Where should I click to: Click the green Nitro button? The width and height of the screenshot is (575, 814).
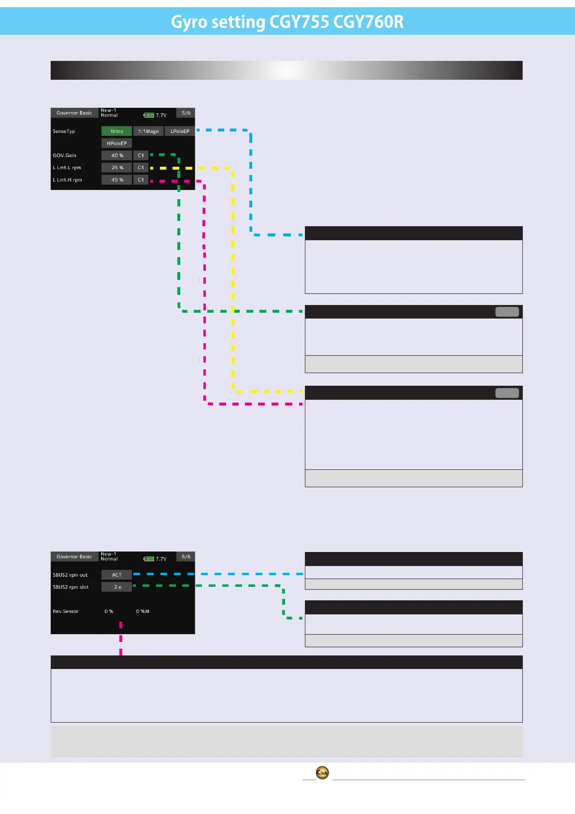[116, 131]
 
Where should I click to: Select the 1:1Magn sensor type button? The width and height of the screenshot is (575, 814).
[148, 131]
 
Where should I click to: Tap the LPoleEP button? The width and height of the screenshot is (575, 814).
[180, 131]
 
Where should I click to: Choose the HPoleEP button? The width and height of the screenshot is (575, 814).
[116, 143]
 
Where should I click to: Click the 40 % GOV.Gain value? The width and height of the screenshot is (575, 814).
[117, 155]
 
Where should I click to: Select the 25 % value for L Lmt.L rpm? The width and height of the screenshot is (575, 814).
[117, 167]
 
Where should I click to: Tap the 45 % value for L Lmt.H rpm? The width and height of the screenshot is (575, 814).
[117, 179]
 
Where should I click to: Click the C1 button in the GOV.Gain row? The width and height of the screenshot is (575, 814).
[141, 155]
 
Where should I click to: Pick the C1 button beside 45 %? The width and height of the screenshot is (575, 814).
[141, 179]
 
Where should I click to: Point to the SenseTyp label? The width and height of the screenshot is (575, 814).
[64, 131]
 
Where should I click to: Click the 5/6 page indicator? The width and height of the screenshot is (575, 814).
[186, 113]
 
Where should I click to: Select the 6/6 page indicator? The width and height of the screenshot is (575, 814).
[186, 556]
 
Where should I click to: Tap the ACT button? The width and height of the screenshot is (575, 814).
[116, 575]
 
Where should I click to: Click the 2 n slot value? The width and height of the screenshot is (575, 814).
[117, 587]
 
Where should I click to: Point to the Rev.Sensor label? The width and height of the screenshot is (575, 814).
[66, 611]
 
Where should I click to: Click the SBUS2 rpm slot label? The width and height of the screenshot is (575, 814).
[71, 587]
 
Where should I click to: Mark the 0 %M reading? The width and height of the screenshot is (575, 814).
[143, 611]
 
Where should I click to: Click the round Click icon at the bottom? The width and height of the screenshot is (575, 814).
[322, 772]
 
